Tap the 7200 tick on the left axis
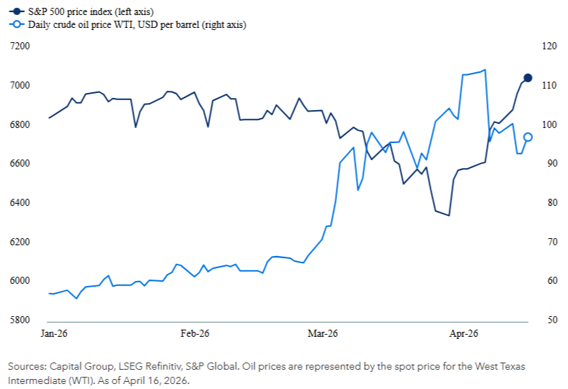(19, 46)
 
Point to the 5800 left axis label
(19, 320)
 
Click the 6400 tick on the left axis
(19, 202)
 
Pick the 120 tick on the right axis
(549, 46)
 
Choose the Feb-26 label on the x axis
(195, 334)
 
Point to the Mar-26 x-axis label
(322, 334)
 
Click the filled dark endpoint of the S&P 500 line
(528, 78)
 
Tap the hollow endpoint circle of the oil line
(528, 137)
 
